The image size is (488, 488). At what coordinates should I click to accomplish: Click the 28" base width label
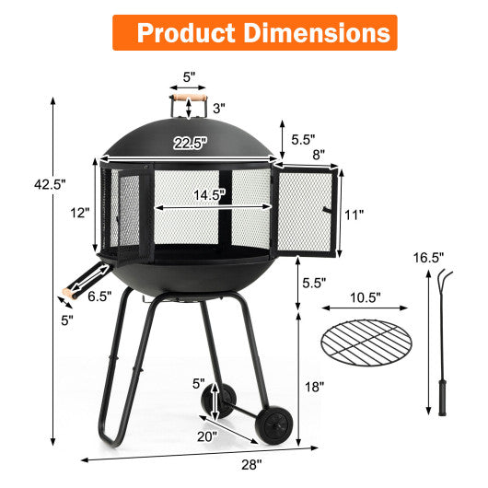(x=251, y=464)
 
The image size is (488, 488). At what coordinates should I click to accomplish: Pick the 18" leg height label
(x=315, y=388)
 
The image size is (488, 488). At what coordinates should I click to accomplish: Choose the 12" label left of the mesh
(x=80, y=213)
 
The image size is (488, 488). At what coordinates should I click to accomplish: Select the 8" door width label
(x=317, y=155)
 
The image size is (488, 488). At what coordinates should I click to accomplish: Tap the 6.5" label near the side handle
(x=99, y=296)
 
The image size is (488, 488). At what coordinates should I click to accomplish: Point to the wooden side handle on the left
(x=65, y=294)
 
